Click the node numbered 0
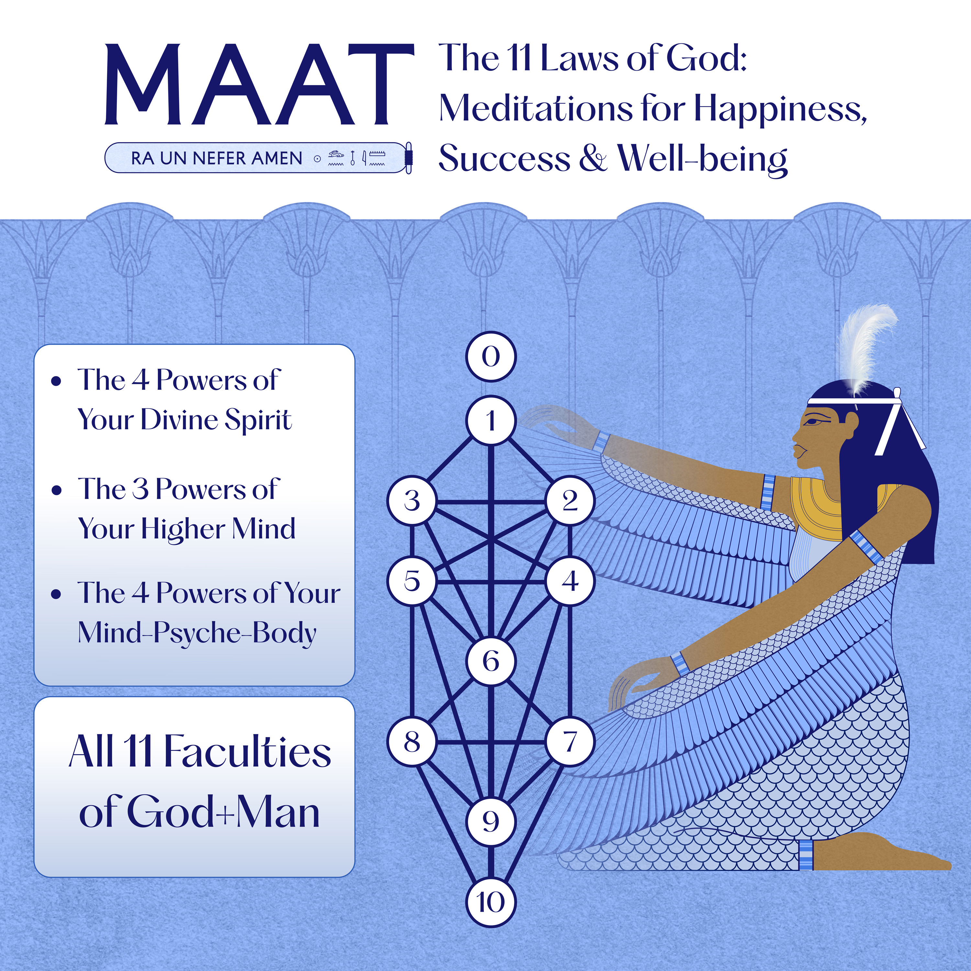pyautogui.click(x=491, y=356)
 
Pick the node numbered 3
pyautogui.click(x=412, y=501)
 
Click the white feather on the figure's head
pyautogui.click(x=867, y=347)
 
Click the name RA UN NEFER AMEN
pyautogui.click(x=216, y=158)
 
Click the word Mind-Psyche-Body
pyautogui.click(x=197, y=632)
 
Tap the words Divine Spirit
pyautogui.click(x=216, y=420)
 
